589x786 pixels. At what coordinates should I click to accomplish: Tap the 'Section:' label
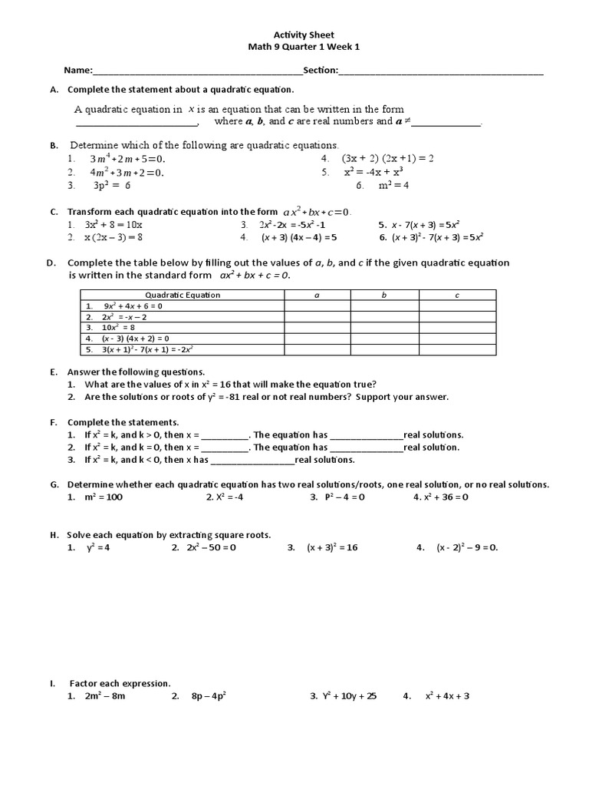(x=321, y=71)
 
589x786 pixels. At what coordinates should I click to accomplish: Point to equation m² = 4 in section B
(x=393, y=185)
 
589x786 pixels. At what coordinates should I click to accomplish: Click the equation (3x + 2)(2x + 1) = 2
(x=388, y=158)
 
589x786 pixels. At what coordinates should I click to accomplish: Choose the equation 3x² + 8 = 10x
(x=114, y=224)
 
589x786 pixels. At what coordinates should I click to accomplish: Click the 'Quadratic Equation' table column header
(x=183, y=295)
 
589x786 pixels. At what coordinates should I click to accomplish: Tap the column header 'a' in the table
(x=317, y=295)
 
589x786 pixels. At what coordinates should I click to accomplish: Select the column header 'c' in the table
(x=457, y=295)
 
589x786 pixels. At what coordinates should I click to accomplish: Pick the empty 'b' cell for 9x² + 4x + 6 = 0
(x=384, y=305)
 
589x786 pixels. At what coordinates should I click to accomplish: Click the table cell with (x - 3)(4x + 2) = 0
(x=183, y=338)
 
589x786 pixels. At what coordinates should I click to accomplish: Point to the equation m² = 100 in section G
(x=104, y=497)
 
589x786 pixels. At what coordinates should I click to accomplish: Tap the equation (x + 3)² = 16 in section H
(x=332, y=547)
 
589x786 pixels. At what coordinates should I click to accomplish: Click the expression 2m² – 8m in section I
(x=105, y=696)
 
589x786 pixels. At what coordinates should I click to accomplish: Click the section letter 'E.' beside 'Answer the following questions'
(x=54, y=372)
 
